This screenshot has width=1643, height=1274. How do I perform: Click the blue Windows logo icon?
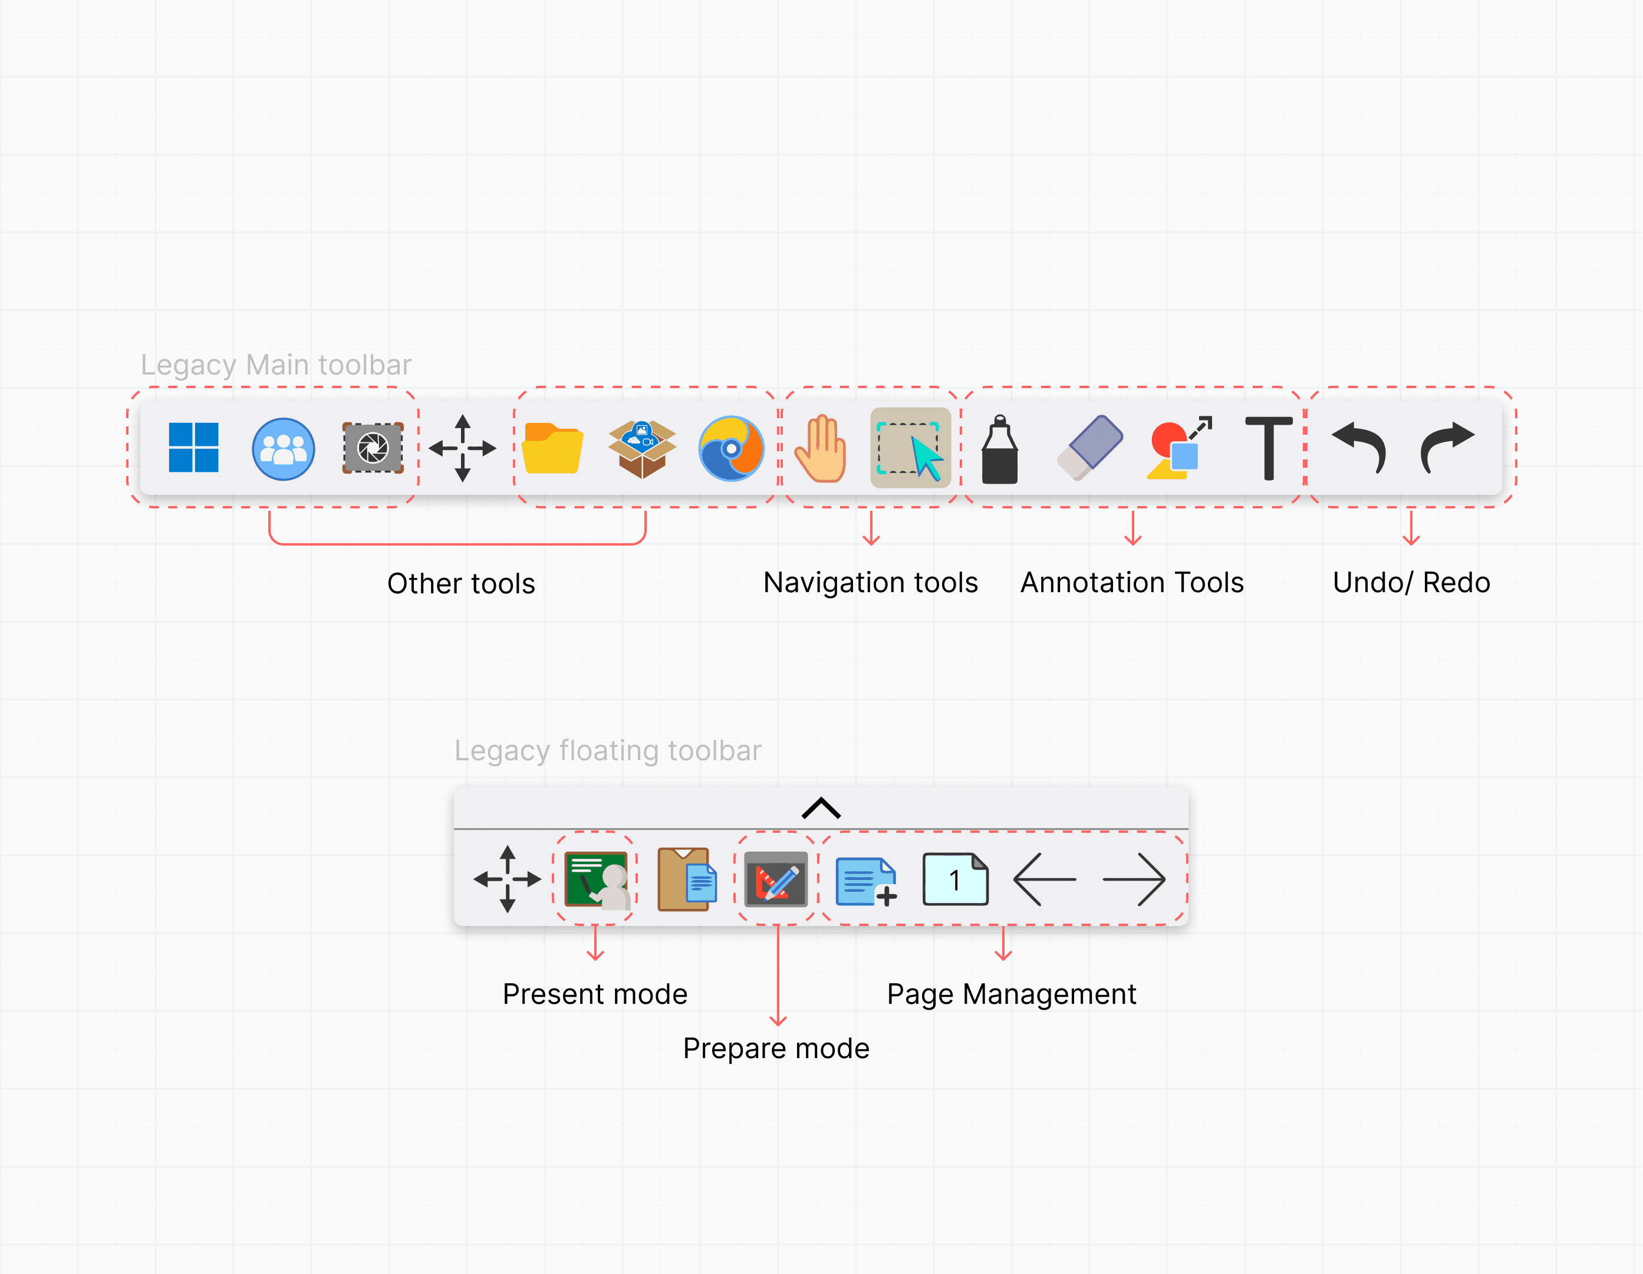193,448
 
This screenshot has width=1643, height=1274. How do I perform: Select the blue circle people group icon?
283,448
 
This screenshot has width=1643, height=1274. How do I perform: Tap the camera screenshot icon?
373,448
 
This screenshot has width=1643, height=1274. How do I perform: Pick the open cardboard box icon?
642,448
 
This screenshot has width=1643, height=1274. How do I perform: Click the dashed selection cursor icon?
910,448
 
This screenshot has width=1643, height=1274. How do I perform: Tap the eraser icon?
1090,447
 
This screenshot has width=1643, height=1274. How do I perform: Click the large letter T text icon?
1269,448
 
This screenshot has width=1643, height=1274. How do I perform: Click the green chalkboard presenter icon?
596,879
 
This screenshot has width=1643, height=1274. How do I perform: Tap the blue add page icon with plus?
866,881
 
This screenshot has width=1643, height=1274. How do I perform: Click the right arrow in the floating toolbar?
1134,879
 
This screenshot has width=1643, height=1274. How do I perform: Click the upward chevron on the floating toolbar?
821,807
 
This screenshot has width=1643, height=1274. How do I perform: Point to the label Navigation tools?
870,583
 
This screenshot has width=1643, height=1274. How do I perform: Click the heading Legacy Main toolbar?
276,365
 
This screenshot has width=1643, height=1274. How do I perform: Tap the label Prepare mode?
776,1048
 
